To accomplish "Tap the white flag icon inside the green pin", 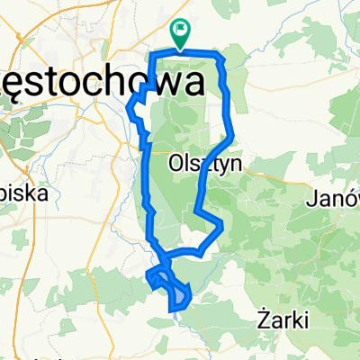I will pyautogui.click(x=180, y=31).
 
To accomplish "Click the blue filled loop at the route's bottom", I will pyautogui.click(x=179, y=292).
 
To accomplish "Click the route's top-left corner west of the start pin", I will pyautogui.click(x=152, y=58).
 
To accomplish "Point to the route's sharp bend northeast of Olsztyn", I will pyautogui.click(x=234, y=136).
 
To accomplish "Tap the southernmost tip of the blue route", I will pyautogui.click(x=171, y=310).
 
